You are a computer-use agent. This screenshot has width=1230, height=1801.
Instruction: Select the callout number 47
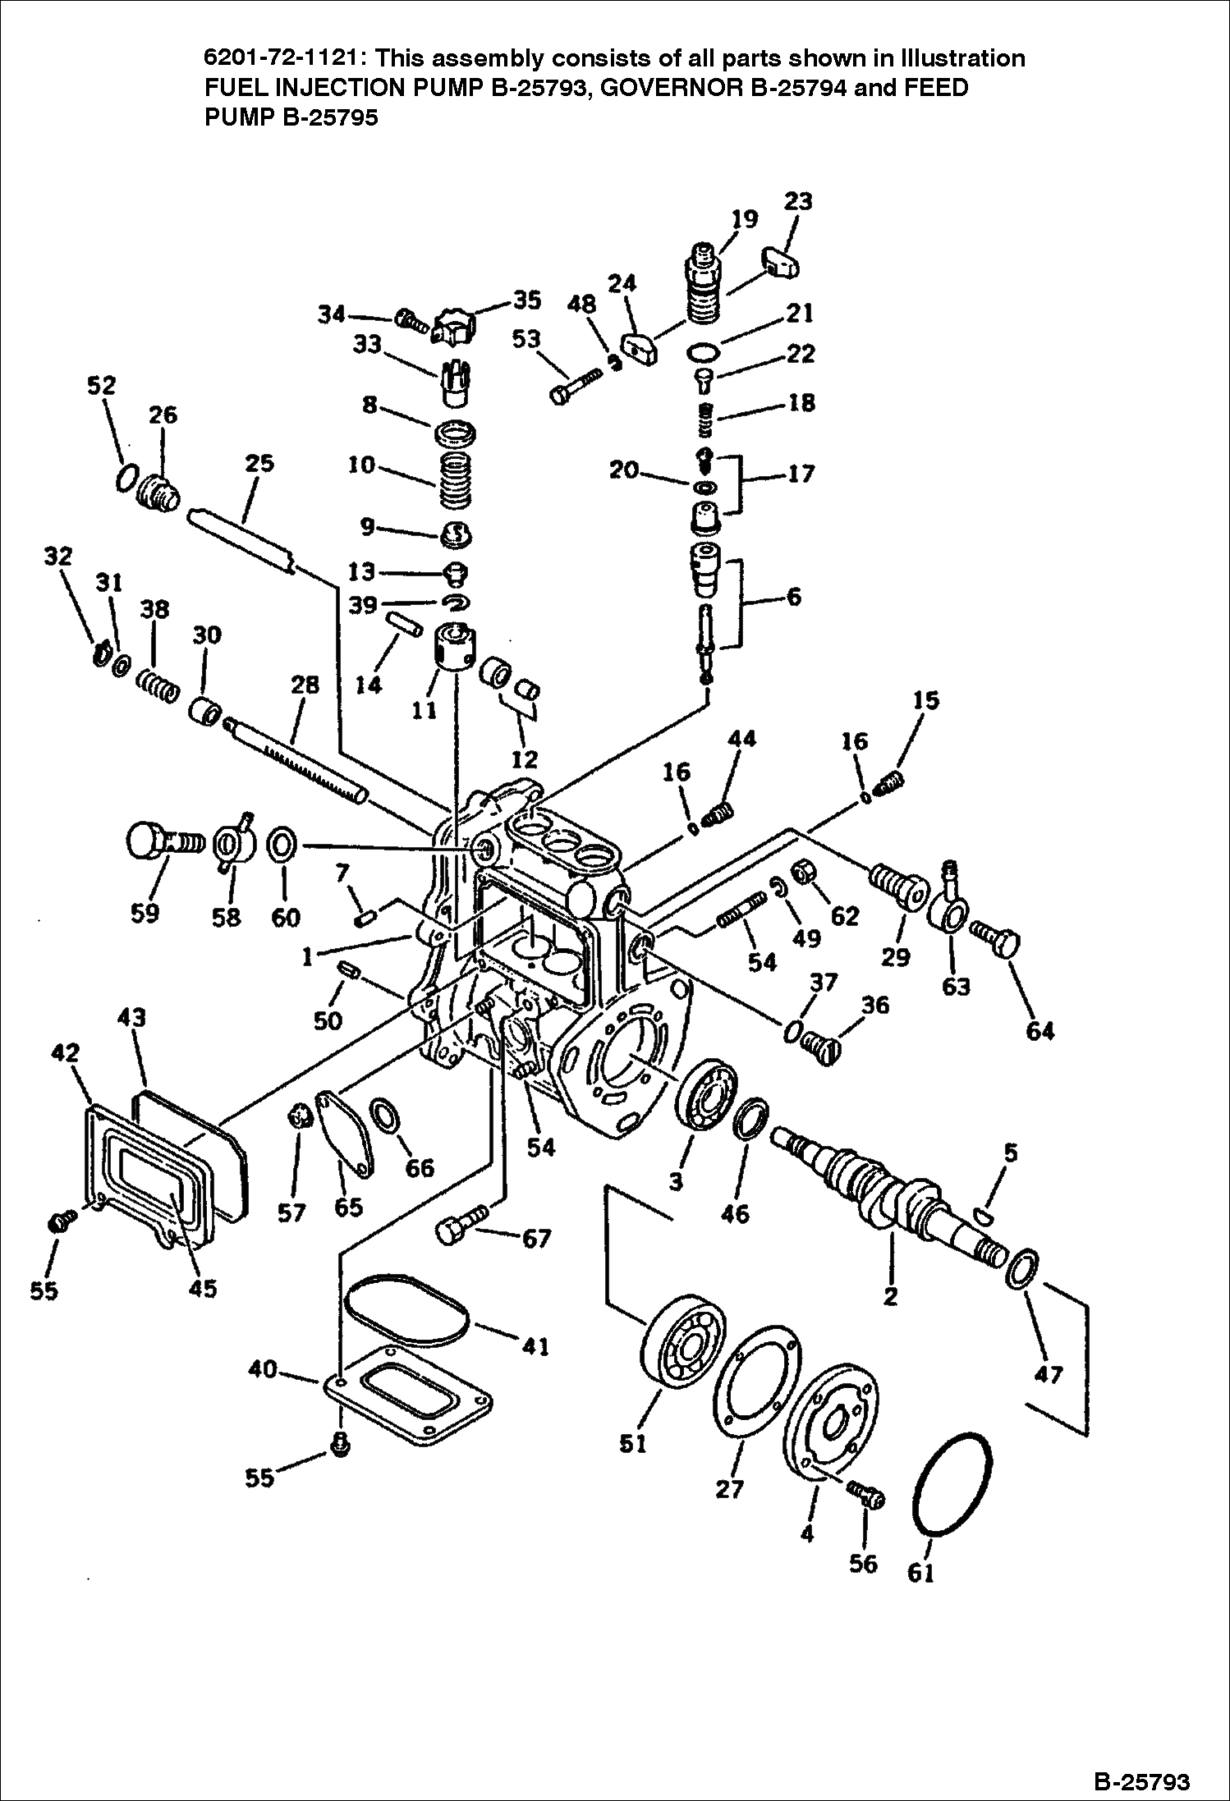(x=1049, y=1373)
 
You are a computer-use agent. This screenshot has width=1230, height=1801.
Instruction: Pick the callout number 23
(x=798, y=201)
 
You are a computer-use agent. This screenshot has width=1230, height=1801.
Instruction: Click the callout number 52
(x=102, y=386)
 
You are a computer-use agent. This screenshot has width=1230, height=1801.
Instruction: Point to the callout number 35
(x=527, y=300)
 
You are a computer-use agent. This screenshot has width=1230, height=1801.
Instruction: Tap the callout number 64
(x=1040, y=1030)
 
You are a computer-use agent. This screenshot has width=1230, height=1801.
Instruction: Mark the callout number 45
(x=203, y=1288)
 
